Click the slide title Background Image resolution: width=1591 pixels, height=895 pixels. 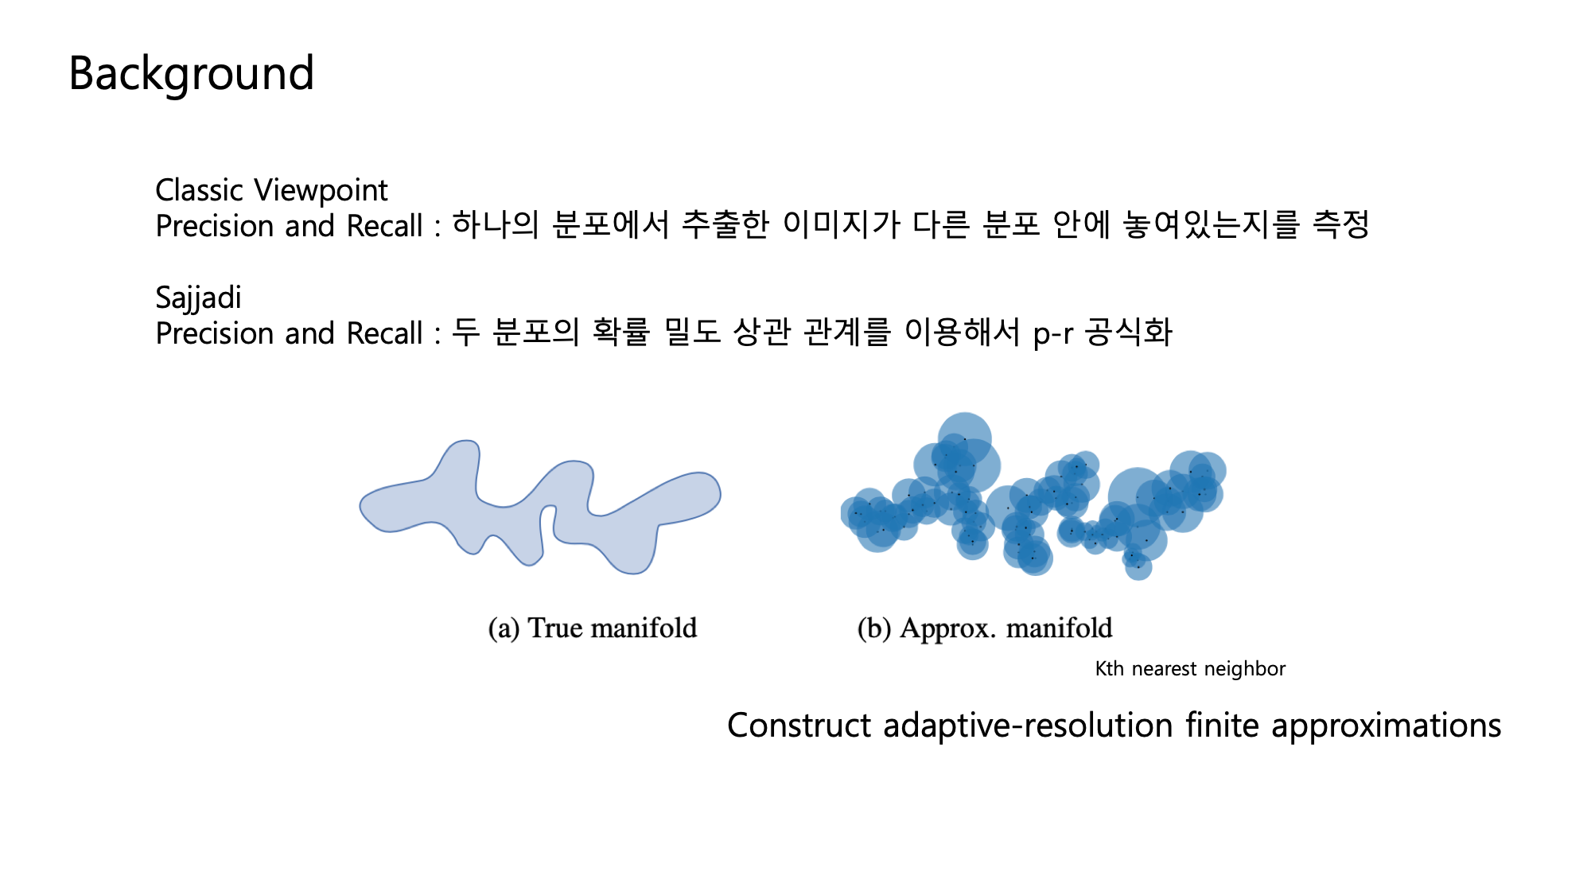191,73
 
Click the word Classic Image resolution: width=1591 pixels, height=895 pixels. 199,190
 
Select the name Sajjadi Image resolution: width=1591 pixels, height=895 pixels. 198,298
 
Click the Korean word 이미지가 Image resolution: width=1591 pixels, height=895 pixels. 841,225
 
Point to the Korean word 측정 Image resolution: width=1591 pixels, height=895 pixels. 1340,225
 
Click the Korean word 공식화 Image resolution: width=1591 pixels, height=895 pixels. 1129,333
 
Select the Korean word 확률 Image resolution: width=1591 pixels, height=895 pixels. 621,333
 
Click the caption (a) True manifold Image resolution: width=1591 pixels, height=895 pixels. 593,628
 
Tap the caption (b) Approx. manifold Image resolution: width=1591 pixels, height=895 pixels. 985,628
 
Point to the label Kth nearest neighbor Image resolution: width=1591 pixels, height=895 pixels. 1190,669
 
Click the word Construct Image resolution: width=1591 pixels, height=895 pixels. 799,726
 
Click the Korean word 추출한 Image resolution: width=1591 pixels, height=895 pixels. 725,225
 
